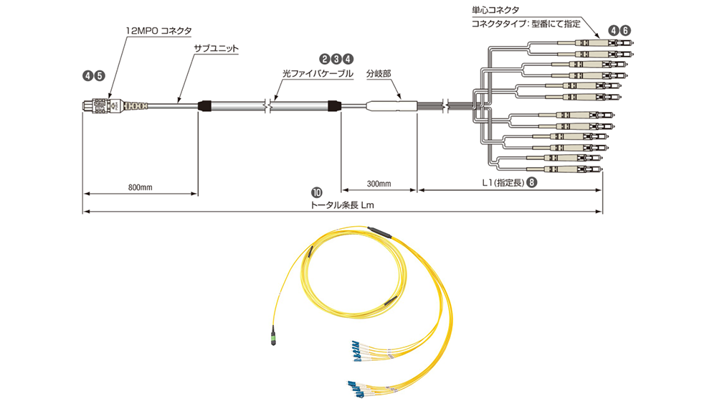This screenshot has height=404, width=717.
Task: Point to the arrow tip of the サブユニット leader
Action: tap(177, 102)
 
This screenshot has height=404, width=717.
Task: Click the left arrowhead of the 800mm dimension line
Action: tap(84, 194)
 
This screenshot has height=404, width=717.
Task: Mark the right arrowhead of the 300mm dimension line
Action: tap(417, 190)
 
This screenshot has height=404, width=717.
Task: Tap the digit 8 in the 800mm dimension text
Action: tap(130, 187)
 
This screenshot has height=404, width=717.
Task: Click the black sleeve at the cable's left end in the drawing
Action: tap(204, 106)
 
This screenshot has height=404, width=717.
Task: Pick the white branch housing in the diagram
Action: tap(391, 106)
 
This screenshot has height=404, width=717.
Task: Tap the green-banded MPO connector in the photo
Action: tap(273, 335)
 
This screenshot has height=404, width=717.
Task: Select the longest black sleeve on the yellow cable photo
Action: tap(380, 232)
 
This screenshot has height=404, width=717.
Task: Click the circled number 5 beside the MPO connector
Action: tap(99, 76)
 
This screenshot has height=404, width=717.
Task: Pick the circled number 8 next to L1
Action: tap(531, 182)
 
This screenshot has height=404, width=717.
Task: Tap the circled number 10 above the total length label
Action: tap(316, 192)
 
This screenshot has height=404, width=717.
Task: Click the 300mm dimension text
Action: tap(379, 184)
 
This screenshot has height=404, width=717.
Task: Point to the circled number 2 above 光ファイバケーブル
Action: tap(324, 59)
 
